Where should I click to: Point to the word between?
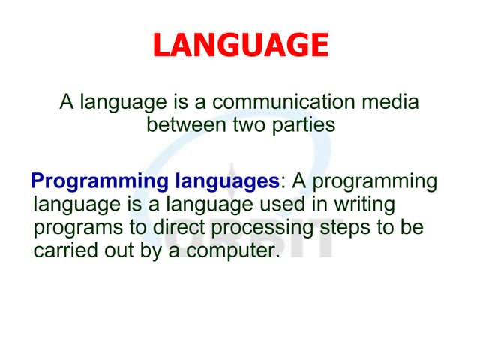(x=181, y=124)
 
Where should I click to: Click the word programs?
(x=73, y=227)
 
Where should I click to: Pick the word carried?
(x=62, y=250)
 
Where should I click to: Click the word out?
(x=117, y=250)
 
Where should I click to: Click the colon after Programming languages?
(x=283, y=183)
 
